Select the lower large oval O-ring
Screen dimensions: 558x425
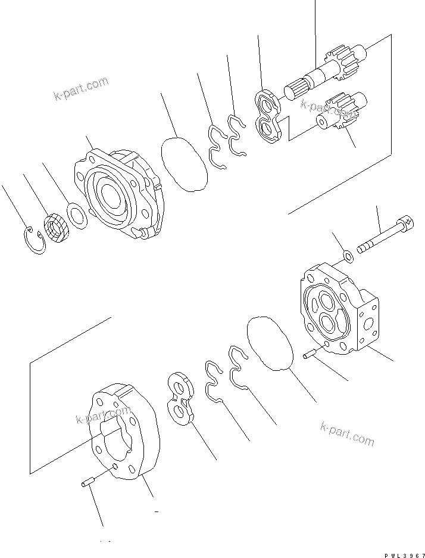(270, 344)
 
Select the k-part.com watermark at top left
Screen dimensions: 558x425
(81, 89)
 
